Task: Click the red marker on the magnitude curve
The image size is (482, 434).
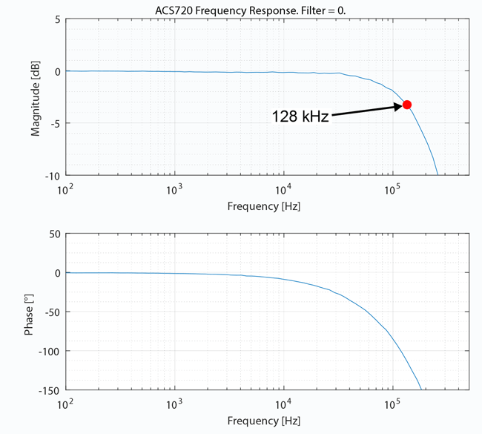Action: (406, 105)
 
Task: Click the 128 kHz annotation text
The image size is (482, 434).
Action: (300, 116)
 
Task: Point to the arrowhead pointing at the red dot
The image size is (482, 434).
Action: (397, 107)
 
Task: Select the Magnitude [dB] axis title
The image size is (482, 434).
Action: (35, 99)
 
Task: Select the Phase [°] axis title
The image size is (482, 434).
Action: (30, 312)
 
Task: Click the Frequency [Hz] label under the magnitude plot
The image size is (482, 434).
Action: (264, 206)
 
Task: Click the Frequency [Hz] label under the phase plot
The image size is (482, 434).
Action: (264, 421)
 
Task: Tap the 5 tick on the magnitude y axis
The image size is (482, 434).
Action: (57, 19)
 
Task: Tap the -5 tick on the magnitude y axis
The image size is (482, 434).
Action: (54, 123)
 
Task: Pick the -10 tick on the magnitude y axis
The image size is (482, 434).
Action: (51, 176)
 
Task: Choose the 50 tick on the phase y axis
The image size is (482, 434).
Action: (53, 234)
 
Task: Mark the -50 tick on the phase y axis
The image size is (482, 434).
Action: (51, 312)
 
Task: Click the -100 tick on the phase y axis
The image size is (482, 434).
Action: (48, 351)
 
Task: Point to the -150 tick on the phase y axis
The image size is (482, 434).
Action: (48, 389)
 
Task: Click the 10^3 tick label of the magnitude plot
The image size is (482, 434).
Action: (174, 188)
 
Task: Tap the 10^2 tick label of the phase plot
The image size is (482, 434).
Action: (65, 403)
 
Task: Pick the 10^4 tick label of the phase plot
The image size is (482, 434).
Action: (283, 403)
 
